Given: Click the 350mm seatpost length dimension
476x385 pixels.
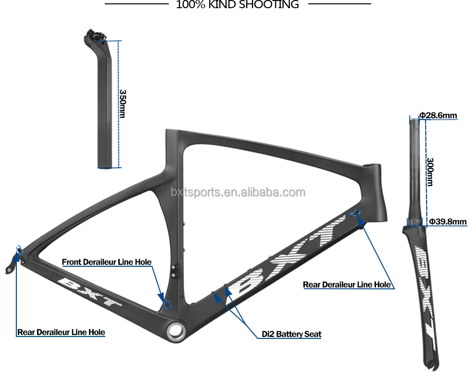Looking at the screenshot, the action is (123, 104).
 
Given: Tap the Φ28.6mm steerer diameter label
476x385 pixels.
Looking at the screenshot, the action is (438, 115).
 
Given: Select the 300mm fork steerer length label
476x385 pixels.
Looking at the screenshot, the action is (430, 172).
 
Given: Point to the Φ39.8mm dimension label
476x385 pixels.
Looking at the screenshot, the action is (448, 222).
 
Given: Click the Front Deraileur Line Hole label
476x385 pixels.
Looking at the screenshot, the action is (107, 262).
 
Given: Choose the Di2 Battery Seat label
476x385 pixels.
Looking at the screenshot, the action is (291, 334).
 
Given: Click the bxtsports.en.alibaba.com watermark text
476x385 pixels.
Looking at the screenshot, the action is (238, 193).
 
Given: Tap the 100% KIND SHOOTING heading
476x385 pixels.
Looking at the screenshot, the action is (238, 5).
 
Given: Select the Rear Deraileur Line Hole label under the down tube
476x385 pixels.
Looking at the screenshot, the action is (347, 285).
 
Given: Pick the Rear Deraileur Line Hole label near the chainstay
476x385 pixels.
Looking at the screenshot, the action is (61, 332).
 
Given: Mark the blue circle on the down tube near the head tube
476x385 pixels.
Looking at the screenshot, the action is (355, 212).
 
